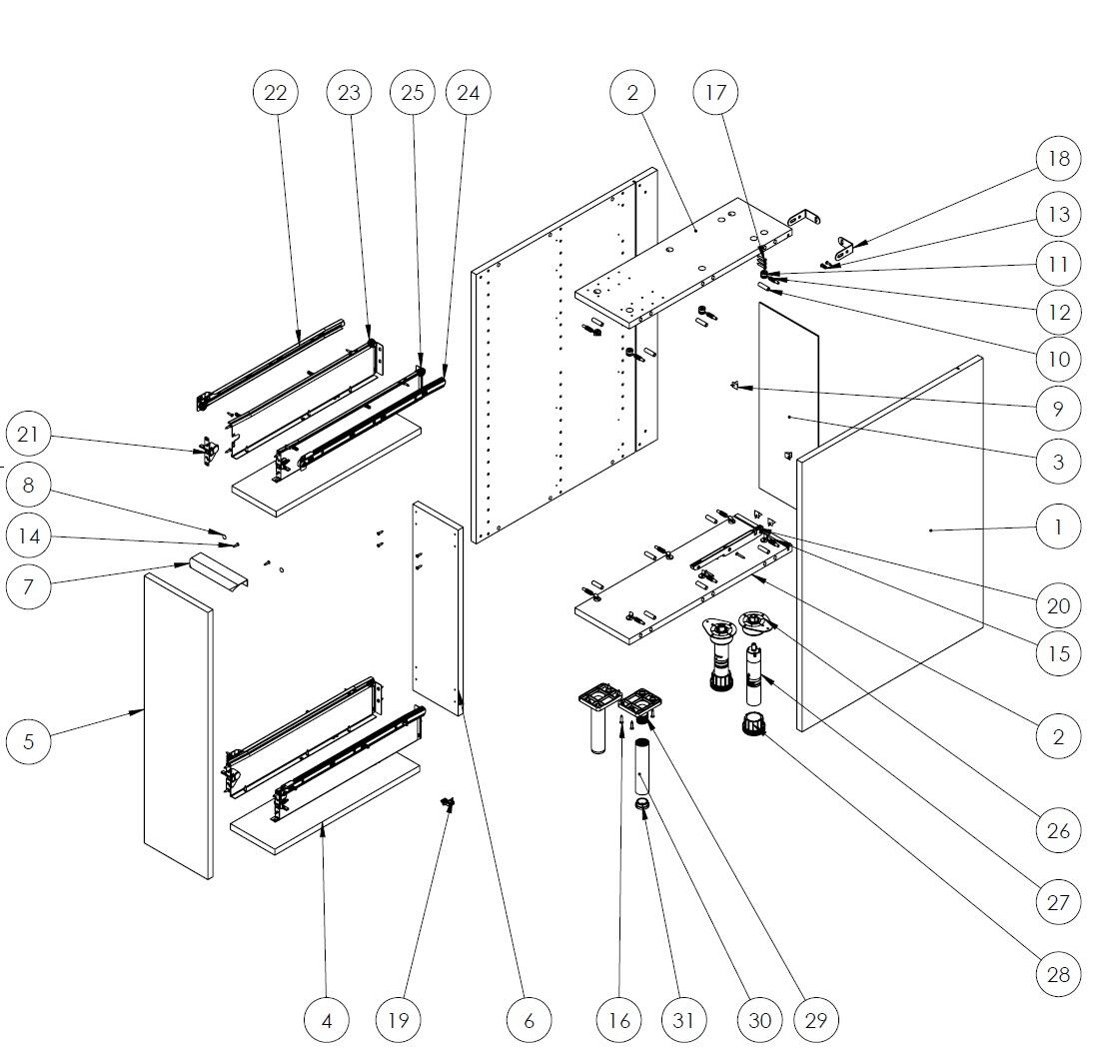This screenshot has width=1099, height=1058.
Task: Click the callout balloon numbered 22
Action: (x=276, y=93)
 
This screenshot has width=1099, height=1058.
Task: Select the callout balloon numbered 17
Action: (x=715, y=93)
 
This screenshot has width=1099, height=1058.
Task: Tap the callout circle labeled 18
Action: (x=1059, y=159)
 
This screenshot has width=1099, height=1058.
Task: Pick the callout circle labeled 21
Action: (x=28, y=435)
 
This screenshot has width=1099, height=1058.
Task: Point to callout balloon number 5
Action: (x=28, y=741)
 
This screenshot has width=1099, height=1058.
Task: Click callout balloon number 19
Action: (x=398, y=1020)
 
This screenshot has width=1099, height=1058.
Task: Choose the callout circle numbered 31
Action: (x=683, y=1020)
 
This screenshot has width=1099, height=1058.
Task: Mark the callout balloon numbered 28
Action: (x=1059, y=974)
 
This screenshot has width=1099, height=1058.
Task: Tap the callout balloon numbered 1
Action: (x=1059, y=526)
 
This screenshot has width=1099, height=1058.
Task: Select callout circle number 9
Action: (x=1059, y=408)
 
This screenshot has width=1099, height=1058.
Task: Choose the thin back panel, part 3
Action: (x=788, y=400)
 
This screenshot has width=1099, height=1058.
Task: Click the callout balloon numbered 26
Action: (x=1059, y=830)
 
